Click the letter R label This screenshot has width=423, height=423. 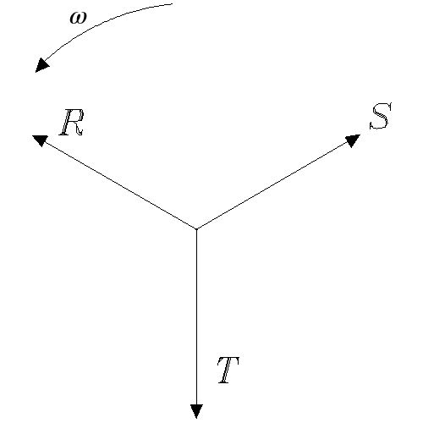(x=72, y=123)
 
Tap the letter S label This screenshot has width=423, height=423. (x=381, y=116)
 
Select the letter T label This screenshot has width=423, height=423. (x=228, y=370)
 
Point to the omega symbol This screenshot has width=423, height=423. (x=78, y=18)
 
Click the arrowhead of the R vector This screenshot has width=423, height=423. (x=40, y=140)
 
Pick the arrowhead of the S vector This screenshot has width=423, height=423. (x=352, y=140)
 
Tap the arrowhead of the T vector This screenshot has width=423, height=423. (x=196, y=411)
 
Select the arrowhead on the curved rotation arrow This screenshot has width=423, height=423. (x=41, y=65)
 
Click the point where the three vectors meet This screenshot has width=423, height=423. (x=196, y=229)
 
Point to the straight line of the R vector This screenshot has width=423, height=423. (x=118, y=184)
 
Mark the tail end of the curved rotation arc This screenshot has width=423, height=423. (x=172, y=4)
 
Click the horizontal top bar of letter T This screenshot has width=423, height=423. (x=229, y=359)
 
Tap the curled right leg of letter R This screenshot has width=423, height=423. (x=78, y=129)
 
